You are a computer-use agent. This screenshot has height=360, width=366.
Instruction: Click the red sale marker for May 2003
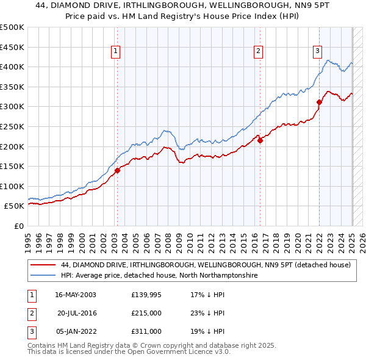tap(117, 170)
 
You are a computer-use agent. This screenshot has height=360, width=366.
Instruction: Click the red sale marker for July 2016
tap(260, 140)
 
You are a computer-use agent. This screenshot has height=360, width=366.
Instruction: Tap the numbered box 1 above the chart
tap(116, 52)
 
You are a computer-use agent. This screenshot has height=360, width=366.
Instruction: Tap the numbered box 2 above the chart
tap(259, 52)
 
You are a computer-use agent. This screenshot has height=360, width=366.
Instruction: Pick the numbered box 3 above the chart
tap(318, 52)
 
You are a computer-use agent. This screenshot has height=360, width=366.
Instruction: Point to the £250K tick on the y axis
tap(13, 126)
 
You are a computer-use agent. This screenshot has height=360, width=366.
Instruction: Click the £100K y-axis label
tap(13, 186)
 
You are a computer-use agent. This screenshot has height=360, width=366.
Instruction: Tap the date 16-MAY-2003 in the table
tap(75, 295)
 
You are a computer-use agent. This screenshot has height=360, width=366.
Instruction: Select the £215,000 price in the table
tap(146, 313)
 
